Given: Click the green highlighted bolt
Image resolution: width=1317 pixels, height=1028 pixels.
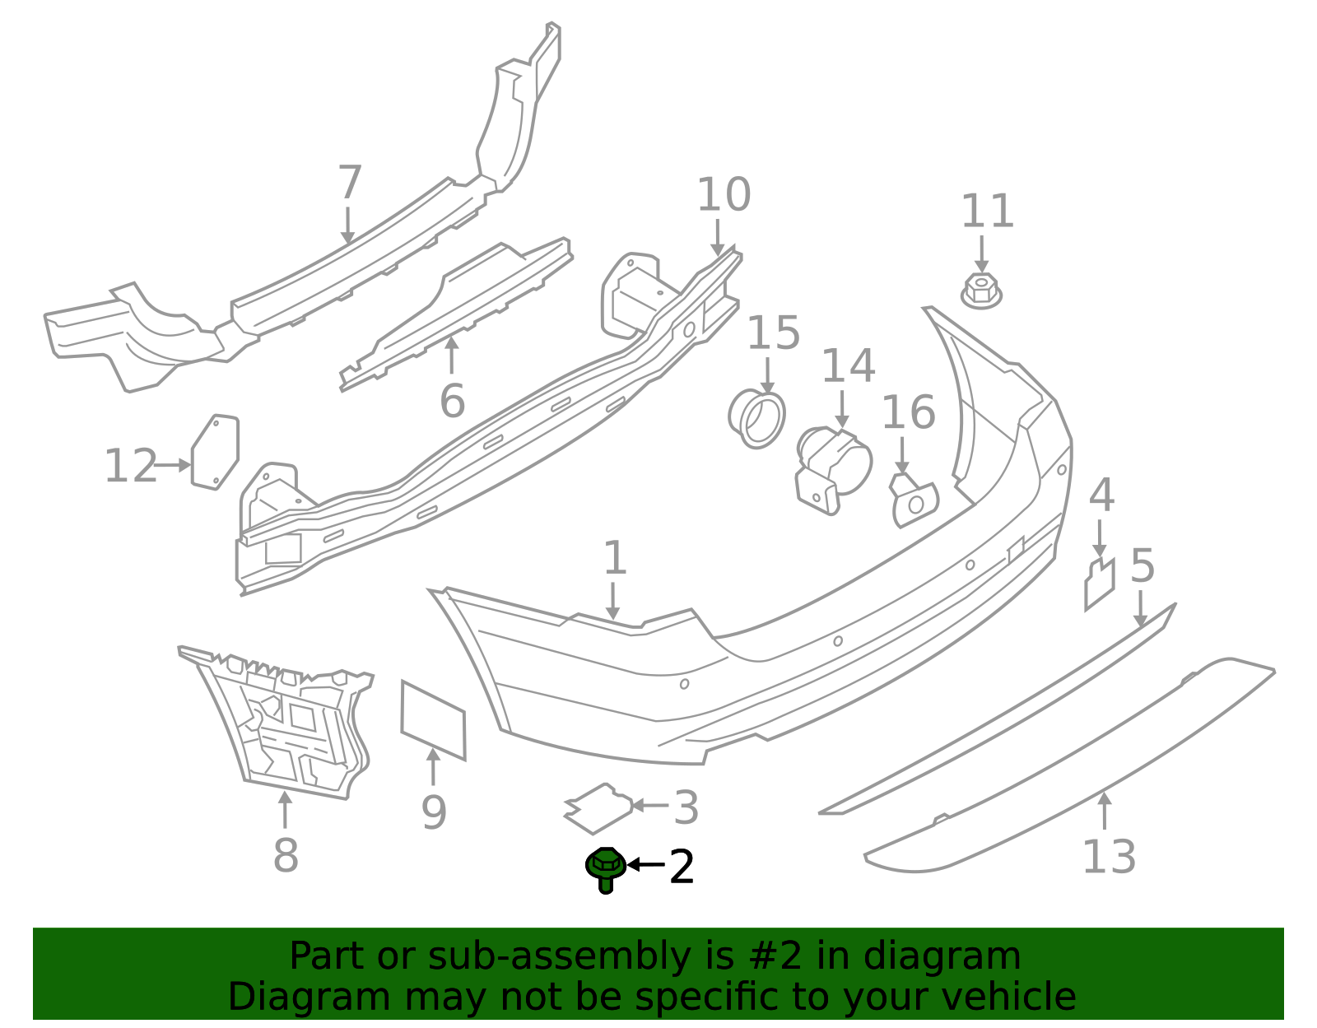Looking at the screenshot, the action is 606,868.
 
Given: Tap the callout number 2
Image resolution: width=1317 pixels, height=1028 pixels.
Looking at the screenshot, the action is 682,868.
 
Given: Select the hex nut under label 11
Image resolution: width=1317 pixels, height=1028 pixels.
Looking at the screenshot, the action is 981,291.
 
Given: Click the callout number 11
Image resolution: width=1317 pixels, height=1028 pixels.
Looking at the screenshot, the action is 987,212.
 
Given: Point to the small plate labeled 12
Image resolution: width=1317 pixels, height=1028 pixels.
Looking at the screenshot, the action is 215,452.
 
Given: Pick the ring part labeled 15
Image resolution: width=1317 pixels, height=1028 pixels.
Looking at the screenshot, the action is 757,418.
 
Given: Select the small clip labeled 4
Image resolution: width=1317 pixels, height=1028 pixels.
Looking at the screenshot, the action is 1099,584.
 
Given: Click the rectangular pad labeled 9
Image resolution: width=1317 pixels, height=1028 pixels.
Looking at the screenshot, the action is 433,719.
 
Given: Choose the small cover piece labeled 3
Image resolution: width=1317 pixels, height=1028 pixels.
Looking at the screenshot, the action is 599,807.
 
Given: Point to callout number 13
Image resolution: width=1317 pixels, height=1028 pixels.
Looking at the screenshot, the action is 1108,857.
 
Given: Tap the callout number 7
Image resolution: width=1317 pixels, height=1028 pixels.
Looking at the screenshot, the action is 350,183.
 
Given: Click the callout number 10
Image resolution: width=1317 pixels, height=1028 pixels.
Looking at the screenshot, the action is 724,195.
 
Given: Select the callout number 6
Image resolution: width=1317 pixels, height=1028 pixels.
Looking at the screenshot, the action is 452,401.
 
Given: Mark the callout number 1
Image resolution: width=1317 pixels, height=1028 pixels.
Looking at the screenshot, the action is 615,559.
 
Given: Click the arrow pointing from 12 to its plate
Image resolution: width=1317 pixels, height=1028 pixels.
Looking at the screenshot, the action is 173,465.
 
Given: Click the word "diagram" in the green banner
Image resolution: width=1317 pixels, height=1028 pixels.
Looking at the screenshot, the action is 961,957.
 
